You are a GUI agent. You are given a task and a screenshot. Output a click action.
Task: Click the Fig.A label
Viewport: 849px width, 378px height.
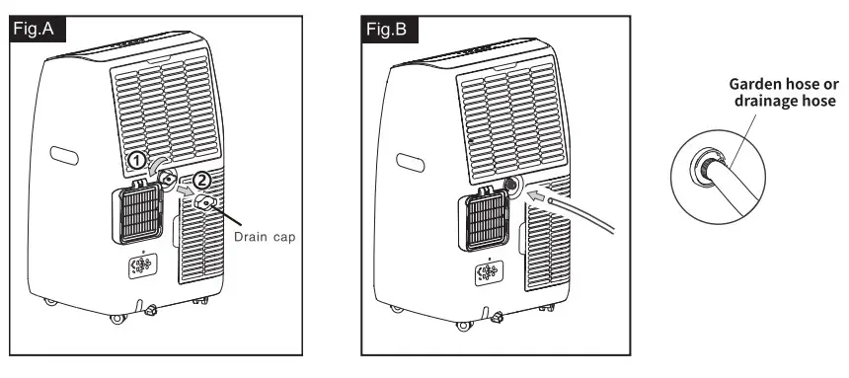tap(38, 29)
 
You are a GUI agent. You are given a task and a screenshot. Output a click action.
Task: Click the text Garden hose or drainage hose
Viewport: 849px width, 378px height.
tap(783, 93)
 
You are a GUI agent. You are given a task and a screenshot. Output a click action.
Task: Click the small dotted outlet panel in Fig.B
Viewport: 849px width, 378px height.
tap(488, 273)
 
